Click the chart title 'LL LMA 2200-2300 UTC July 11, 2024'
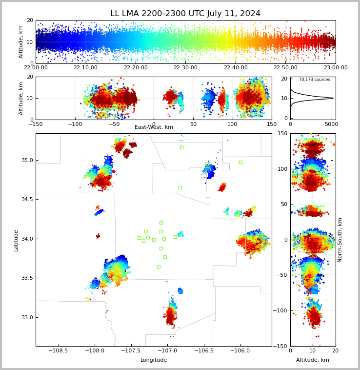(185, 14)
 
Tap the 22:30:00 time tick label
(185, 68)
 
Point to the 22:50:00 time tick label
(285, 68)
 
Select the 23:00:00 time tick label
(335, 68)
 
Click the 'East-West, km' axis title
(154, 127)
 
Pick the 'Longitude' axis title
(154, 360)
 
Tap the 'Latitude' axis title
(16, 240)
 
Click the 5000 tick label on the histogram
(331, 124)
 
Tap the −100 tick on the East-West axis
(75, 124)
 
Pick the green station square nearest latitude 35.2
(181, 147)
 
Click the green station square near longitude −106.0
(240, 162)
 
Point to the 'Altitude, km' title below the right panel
(313, 360)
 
